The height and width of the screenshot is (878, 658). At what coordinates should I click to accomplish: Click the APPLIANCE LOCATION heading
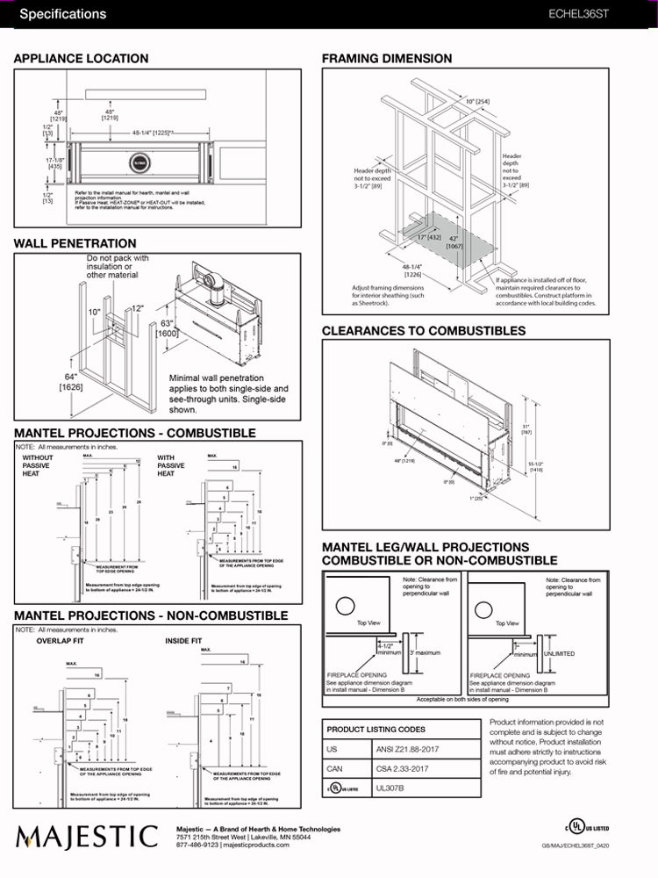(82, 59)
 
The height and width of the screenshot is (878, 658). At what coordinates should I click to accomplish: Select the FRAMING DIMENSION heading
(387, 59)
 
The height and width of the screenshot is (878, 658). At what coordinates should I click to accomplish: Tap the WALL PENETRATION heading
(75, 243)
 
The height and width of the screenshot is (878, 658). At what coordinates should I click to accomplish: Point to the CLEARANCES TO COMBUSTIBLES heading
(424, 331)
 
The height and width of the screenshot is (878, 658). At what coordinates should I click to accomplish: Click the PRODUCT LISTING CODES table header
(375, 730)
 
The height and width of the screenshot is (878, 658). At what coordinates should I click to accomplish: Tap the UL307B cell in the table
(393, 788)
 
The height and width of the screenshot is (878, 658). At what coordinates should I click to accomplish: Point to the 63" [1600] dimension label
(167, 328)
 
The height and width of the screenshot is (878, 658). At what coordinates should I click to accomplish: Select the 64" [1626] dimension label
(71, 381)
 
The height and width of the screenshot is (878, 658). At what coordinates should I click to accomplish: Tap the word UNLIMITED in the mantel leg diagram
(560, 653)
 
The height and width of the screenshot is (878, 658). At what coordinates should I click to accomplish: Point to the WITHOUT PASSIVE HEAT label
(38, 466)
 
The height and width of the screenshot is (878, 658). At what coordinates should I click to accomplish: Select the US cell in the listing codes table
(332, 750)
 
